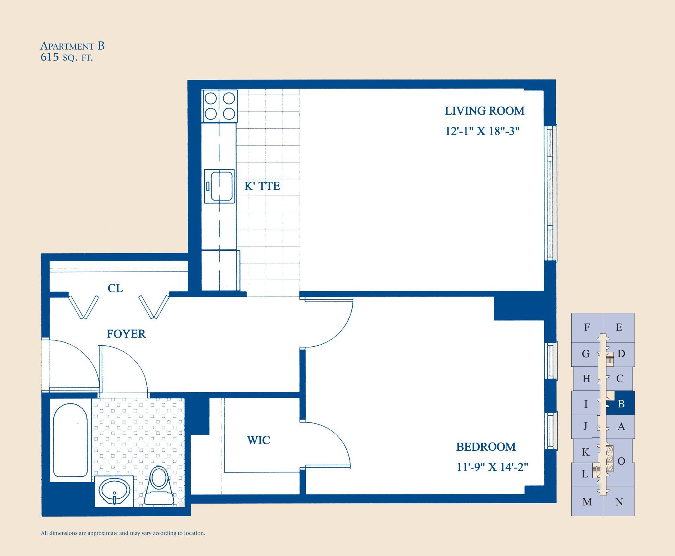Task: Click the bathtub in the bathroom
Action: [70, 440]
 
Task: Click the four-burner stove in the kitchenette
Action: [220, 106]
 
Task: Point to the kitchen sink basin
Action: [220, 186]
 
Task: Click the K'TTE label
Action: [262, 186]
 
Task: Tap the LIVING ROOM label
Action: [484, 111]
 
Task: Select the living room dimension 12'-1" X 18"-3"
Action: [482, 131]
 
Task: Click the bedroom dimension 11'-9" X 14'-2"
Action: [492, 467]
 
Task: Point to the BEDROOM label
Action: [486, 447]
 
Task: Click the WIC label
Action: [258, 440]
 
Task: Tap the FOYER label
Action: [126, 334]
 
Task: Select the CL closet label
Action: [115, 288]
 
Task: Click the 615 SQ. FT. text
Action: [67, 57]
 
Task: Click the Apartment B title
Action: [72, 46]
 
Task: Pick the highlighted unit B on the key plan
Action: [621, 403]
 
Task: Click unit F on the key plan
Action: [587, 327]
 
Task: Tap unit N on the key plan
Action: [619, 502]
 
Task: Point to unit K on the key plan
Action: [585, 452]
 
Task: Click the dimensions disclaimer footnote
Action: [123, 533]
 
